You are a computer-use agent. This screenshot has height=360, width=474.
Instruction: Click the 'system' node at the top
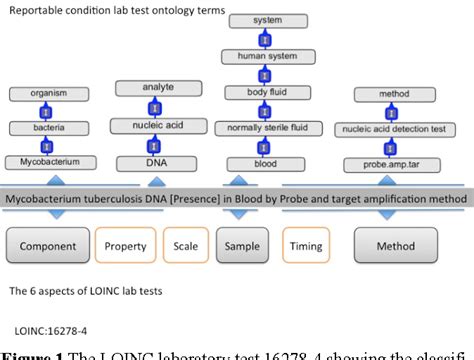pyautogui.click(x=267, y=19)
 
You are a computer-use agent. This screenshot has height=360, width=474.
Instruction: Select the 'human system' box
pyautogui.click(x=267, y=56)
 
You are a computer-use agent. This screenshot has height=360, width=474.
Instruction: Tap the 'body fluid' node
pyautogui.click(x=267, y=93)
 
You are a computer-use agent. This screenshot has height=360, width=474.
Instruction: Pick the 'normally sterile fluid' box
pyautogui.click(x=267, y=128)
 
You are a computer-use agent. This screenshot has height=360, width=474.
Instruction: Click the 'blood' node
pyautogui.click(x=267, y=163)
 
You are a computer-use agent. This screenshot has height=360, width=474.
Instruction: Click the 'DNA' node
pyautogui.click(x=158, y=162)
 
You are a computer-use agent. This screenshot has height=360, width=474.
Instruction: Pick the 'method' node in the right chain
pyautogui.click(x=395, y=94)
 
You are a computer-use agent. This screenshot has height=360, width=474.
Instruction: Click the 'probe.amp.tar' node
pyautogui.click(x=395, y=163)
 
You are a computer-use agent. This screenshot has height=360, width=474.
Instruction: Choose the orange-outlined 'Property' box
pyautogui.click(x=127, y=246)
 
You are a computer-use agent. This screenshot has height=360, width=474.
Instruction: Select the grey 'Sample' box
pyautogui.click(x=244, y=246)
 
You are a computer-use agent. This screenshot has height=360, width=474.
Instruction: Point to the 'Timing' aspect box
pyautogui.click(x=306, y=246)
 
